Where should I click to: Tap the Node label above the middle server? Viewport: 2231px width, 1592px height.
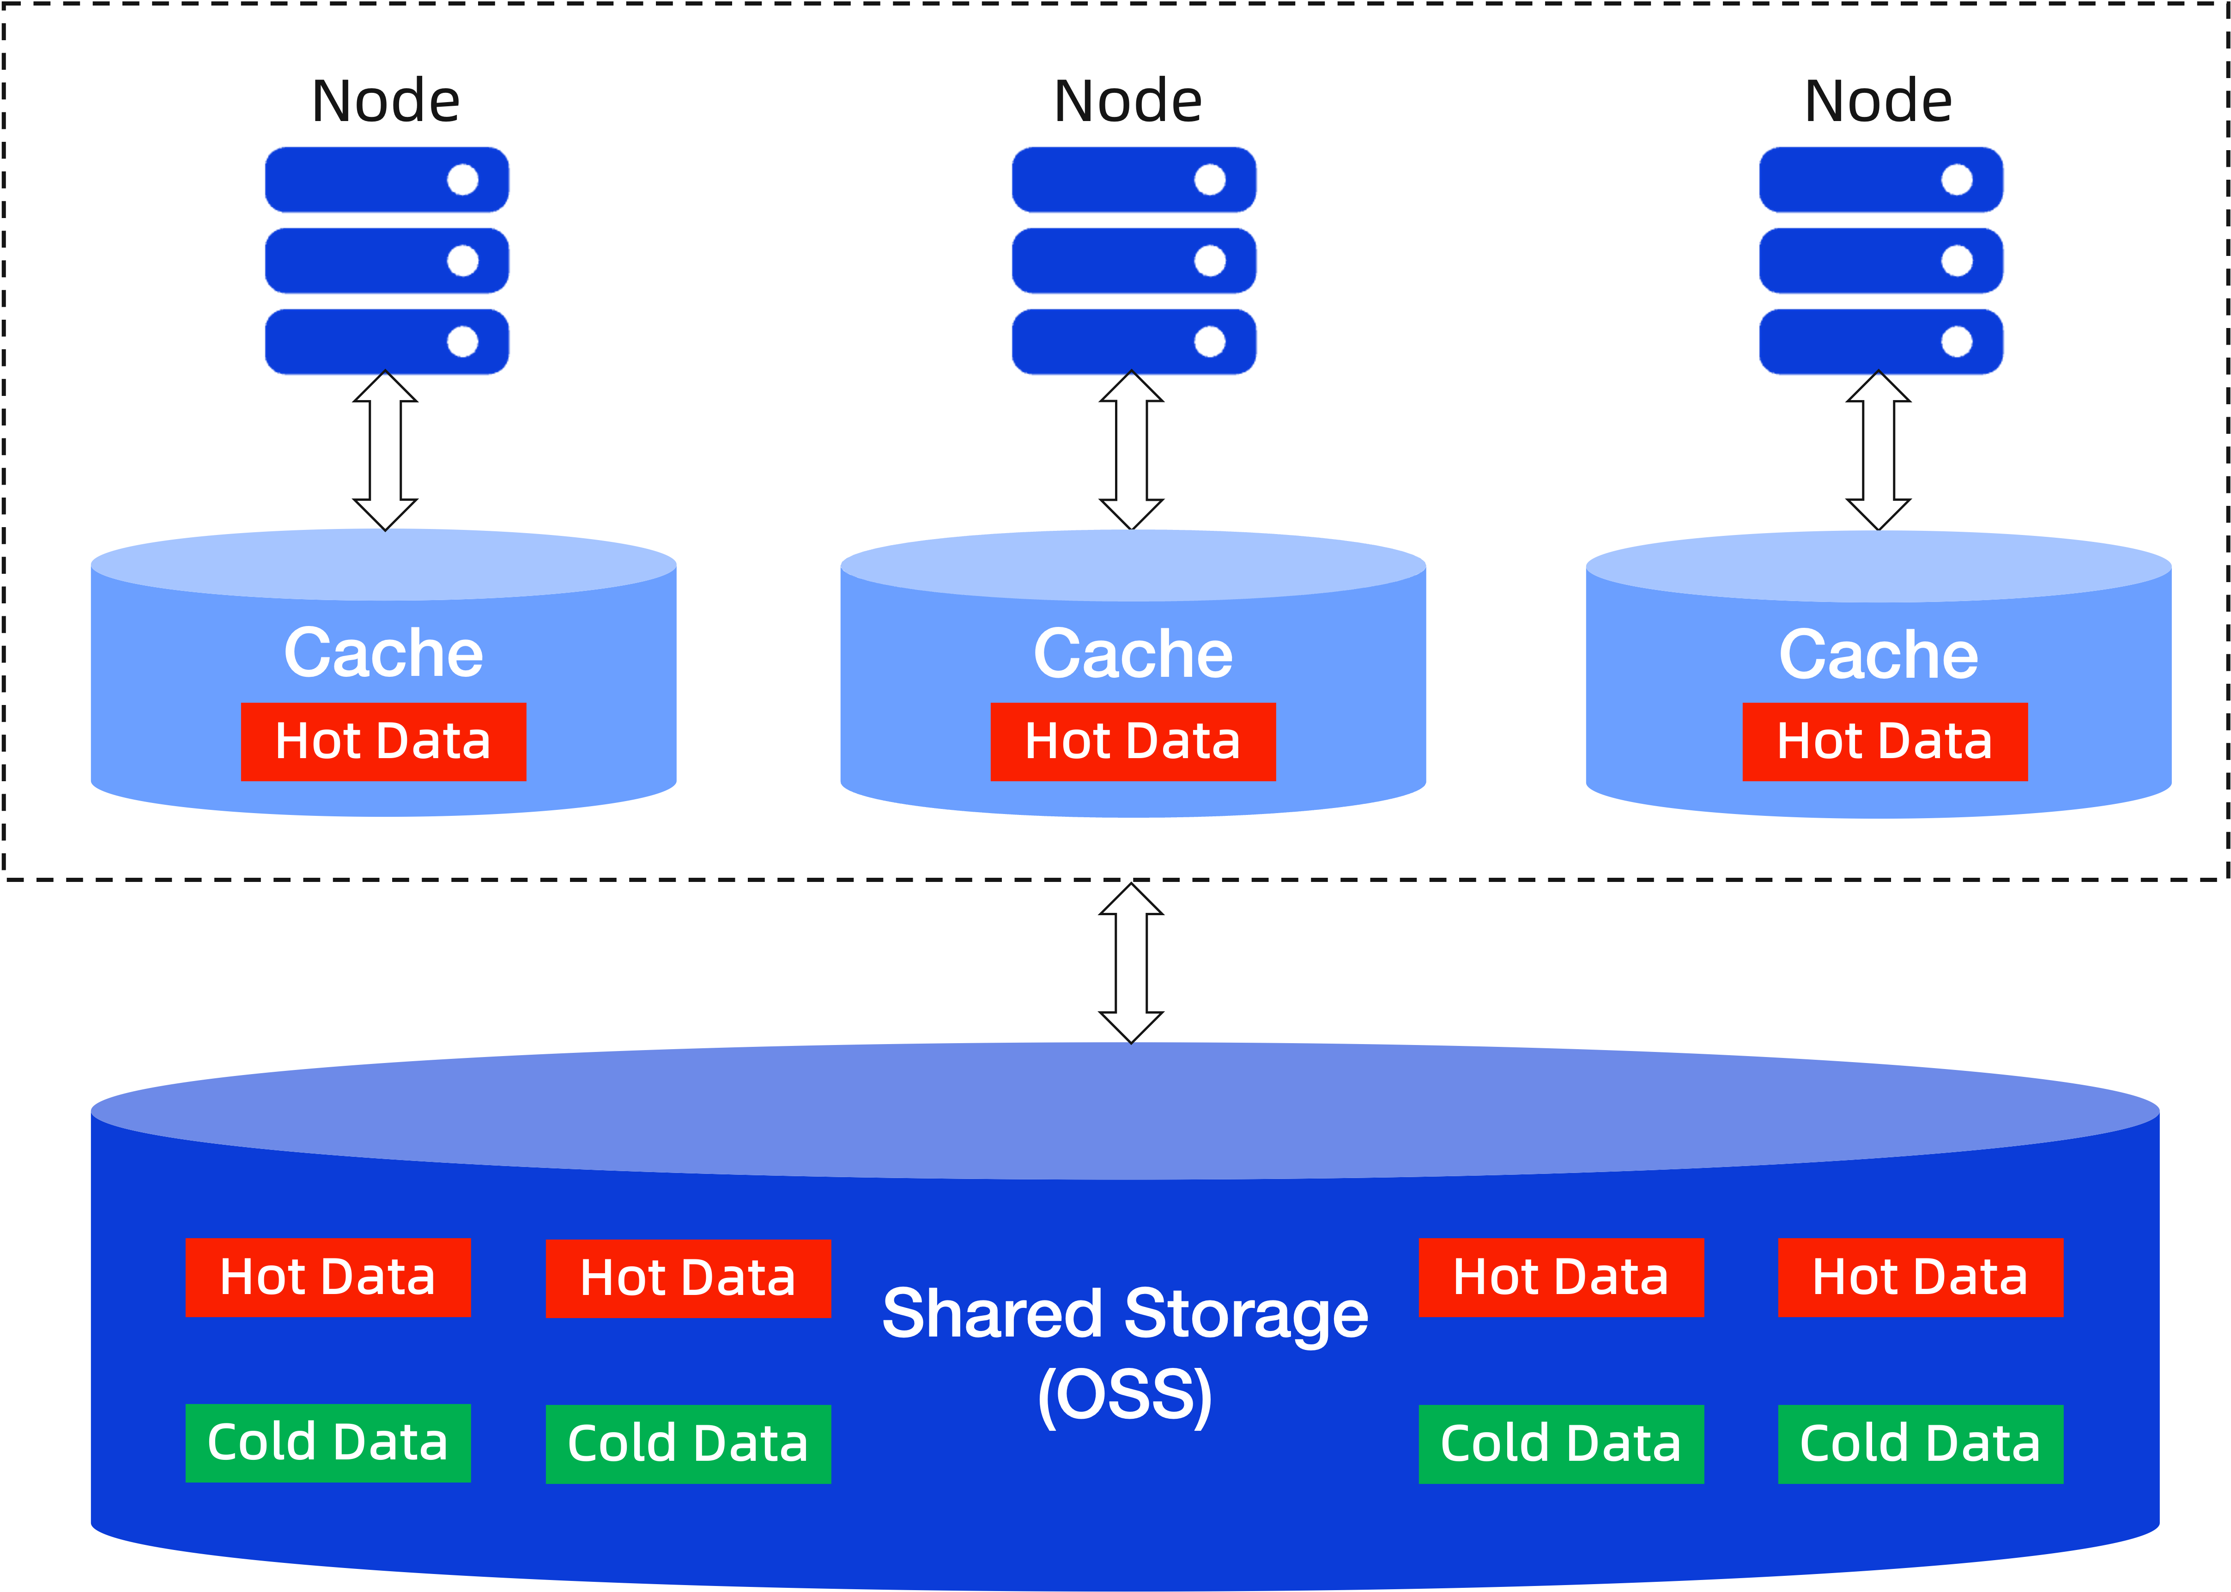point(1128,101)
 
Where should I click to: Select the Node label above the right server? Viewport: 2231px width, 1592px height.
point(1878,101)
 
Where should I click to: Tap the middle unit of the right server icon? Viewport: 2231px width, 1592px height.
point(1881,261)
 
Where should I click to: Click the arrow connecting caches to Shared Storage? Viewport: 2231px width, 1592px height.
point(1131,963)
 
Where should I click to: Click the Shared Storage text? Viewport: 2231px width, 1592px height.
point(1125,1313)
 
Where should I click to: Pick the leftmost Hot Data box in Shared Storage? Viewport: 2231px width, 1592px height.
point(328,1277)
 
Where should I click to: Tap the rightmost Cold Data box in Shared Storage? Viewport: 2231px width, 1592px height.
point(1920,1444)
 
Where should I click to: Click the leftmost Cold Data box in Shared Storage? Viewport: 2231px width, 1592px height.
point(328,1443)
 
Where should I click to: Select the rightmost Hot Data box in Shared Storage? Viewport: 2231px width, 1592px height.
point(1920,1277)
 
